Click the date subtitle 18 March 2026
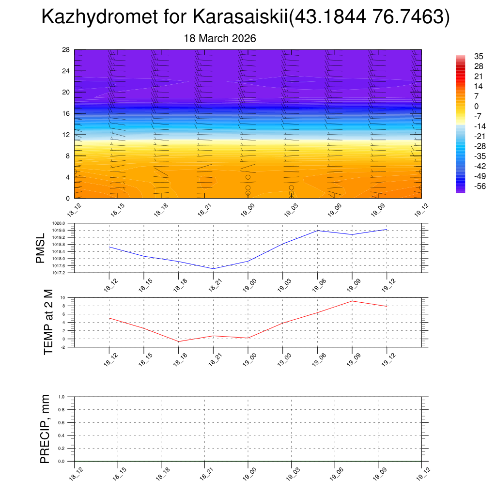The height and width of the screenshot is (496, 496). pyautogui.click(x=220, y=38)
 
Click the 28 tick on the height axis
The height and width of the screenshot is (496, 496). pyautogui.click(x=66, y=50)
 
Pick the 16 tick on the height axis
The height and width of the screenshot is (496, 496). pyautogui.click(x=66, y=113)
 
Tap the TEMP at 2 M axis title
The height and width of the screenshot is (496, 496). pyautogui.click(x=48, y=322)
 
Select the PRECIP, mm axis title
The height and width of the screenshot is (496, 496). pyautogui.click(x=45, y=429)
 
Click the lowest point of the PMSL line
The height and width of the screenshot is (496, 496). pyautogui.click(x=214, y=268)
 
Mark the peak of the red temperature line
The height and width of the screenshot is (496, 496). pyautogui.click(x=352, y=301)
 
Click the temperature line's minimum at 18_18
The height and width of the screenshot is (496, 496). pyautogui.click(x=179, y=341)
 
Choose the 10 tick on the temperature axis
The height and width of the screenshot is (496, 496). pyautogui.click(x=63, y=297)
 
